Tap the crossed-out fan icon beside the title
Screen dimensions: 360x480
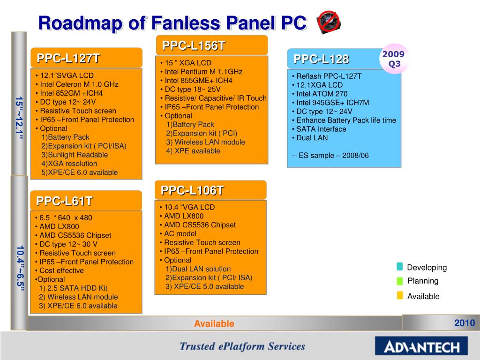pyautogui.click(x=329, y=22)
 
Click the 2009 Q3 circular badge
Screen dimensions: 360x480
pyautogui.click(x=395, y=59)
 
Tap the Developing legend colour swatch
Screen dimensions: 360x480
pyautogui.click(x=399, y=267)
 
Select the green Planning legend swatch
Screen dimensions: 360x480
pyautogui.click(x=399, y=281)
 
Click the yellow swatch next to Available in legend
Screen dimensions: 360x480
pyautogui.click(x=399, y=295)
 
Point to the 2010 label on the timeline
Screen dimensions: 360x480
pyautogui.click(x=464, y=323)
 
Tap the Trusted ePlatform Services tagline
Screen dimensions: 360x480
pyautogui.click(x=242, y=347)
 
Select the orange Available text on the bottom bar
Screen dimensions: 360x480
pyautogui.click(x=214, y=324)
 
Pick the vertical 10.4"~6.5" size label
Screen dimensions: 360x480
pyautogui.click(x=19, y=268)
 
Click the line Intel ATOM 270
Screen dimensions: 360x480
pyautogui.click(x=319, y=94)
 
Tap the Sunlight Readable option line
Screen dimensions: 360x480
pyautogui.click(x=75, y=155)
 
